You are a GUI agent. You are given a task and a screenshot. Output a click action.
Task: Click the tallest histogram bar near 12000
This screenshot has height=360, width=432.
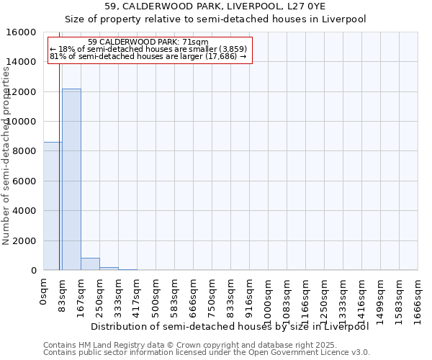(x=71, y=179)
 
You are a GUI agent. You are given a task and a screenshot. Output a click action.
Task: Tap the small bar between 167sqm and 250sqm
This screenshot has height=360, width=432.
(x=90, y=264)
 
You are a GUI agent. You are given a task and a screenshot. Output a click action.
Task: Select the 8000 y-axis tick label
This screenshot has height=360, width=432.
(x=24, y=151)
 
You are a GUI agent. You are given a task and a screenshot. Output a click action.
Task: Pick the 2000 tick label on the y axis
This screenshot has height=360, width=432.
(x=24, y=240)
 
